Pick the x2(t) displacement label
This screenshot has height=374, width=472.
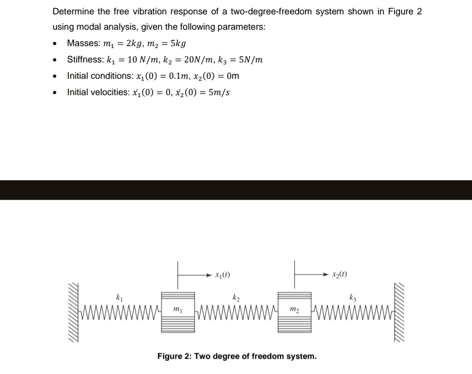[x=339, y=274]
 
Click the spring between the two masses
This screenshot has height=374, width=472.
[x=236, y=312]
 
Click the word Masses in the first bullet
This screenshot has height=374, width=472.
[x=82, y=43]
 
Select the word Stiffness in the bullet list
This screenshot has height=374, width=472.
[x=85, y=60]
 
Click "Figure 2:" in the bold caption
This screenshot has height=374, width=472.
[x=174, y=356]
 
